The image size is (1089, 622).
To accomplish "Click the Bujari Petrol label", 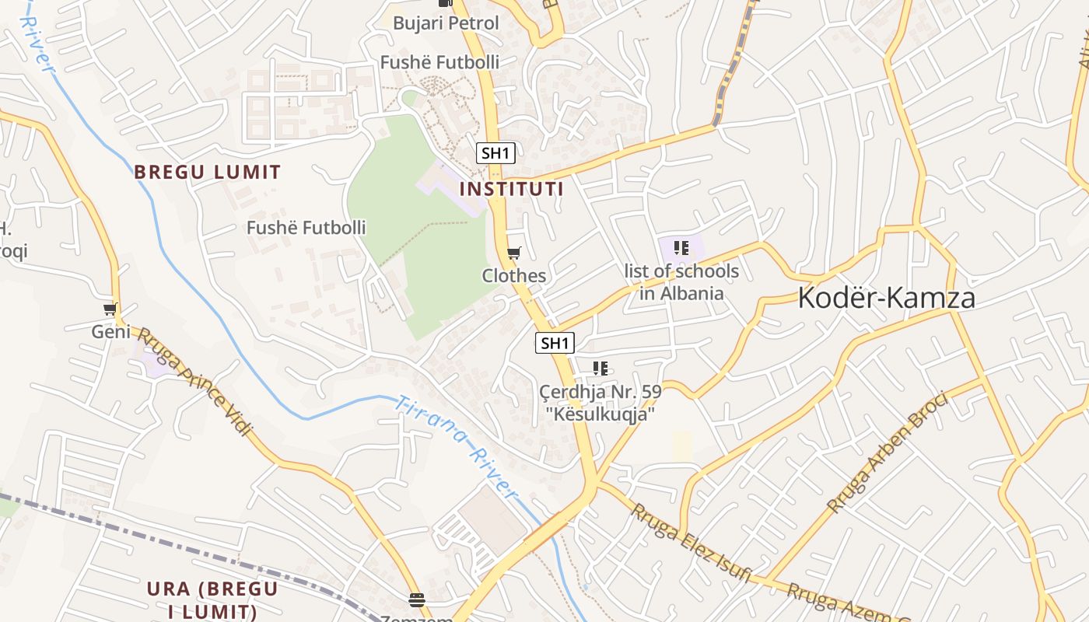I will click(x=446, y=23).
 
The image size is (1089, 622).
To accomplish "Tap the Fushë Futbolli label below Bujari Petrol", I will click(x=439, y=62).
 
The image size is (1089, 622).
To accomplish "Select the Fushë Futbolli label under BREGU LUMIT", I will click(x=306, y=228).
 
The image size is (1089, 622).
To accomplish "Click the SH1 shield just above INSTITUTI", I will click(x=495, y=153).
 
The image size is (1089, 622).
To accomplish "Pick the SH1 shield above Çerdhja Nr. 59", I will click(x=555, y=343).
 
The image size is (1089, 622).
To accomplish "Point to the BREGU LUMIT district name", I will click(x=208, y=172).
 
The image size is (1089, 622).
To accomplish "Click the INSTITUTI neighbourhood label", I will click(x=511, y=189).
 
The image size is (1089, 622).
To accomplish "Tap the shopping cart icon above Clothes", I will click(x=513, y=253).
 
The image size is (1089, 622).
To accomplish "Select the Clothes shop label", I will click(x=514, y=276).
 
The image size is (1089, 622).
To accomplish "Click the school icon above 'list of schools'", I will click(x=681, y=249).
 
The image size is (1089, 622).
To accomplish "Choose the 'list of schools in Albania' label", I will click(x=681, y=282).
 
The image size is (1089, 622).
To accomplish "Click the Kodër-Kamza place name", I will click(x=887, y=298).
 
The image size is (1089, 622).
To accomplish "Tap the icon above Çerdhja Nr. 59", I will click(x=600, y=369).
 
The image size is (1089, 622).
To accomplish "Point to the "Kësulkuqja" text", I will click(x=600, y=414).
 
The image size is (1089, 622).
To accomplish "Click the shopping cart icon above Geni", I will click(x=110, y=309).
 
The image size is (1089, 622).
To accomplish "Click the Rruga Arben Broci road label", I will click(x=888, y=453).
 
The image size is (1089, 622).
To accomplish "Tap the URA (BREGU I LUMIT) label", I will click(x=212, y=599).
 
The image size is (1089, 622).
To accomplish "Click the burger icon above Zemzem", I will click(x=417, y=599).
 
